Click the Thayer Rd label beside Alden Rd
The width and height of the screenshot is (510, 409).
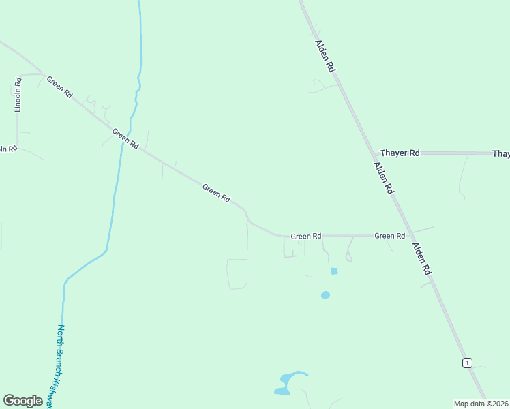pyautogui.click(x=400, y=153)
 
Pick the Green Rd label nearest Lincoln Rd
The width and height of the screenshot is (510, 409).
pyautogui.click(x=59, y=87)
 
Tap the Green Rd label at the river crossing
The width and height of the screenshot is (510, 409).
pyautogui.click(x=125, y=139)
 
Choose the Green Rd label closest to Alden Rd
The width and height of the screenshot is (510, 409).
pyautogui.click(x=390, y=236)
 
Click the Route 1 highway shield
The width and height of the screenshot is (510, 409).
pyautogui.click(x=467, y=362)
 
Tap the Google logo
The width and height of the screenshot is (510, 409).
pyautogui.click(x=22, y=401)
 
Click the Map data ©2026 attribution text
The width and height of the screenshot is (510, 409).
pyautogui.click(x=481, y=404)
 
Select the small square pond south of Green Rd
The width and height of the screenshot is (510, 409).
pyautogui.click(x=334, y=271)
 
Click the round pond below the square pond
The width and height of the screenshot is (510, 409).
pyautogui.click(x=325, y=295)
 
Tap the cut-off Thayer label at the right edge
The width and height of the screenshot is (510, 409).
pyautogui.click(x=501, y=154)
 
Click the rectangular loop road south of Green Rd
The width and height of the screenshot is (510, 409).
pyautogui.click(x=237, y=274)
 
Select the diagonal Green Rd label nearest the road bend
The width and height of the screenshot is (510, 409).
pyautogui.click(x=216, y=192)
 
